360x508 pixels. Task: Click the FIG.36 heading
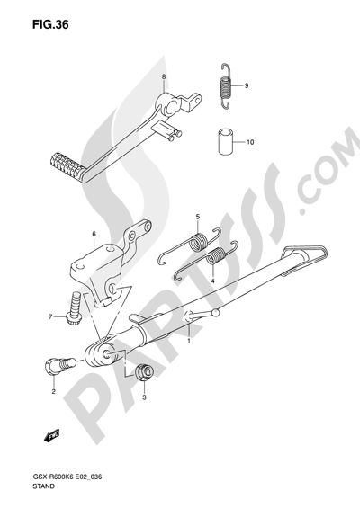pos(50,25)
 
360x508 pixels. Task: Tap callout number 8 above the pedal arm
pos(164,76)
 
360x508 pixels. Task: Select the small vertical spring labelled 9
pos(226,85)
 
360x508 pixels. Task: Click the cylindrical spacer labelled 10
pos(226,141)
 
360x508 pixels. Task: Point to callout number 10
pos(250,142)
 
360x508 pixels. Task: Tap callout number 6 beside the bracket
pos(94,234)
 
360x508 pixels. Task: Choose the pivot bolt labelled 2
pos(59,365)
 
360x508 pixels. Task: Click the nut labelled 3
pos(144,372)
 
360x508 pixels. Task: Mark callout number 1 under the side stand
pos(189,341)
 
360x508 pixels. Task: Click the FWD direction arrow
pos(52,436)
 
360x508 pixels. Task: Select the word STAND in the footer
pos(43,486)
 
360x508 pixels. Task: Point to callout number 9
pos(247,85)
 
